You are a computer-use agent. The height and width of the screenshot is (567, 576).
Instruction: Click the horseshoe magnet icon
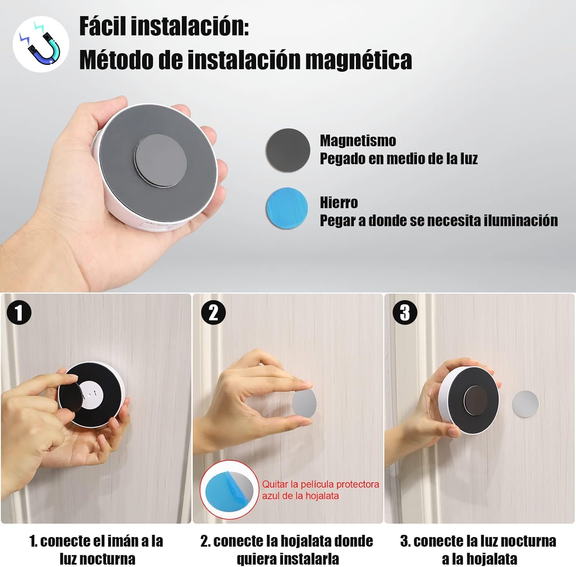pyautogui.click(x=41, y=44)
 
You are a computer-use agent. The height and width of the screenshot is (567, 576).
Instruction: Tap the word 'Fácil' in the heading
pyautogui.click(x=103, y=26)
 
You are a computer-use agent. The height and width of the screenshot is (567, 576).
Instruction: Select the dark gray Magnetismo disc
pyautogui.click(x=288, y=150)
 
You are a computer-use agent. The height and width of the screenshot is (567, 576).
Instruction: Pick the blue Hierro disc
pyautogui.click(x=287, y=208)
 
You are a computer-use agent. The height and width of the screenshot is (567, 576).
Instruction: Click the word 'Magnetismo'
pyautogui.click(x=358, y=141)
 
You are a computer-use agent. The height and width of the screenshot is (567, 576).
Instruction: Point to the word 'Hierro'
pyautogui.click(x=339, y=202)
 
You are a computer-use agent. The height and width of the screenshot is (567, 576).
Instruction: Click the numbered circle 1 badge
pyautogui.click(x=18, y=312)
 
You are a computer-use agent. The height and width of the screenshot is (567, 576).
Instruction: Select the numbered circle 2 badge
pyautogui.click(x=214, y=312)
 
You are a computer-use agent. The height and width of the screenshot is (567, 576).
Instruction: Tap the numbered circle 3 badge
pyautogui.click(x=405, y=312)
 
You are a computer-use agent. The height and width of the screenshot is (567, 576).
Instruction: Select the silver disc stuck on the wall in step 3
pyautogui.click(x=525, y=404)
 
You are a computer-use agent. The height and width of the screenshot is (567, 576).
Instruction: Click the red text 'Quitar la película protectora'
pyautogui.click(x=321, y=484)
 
